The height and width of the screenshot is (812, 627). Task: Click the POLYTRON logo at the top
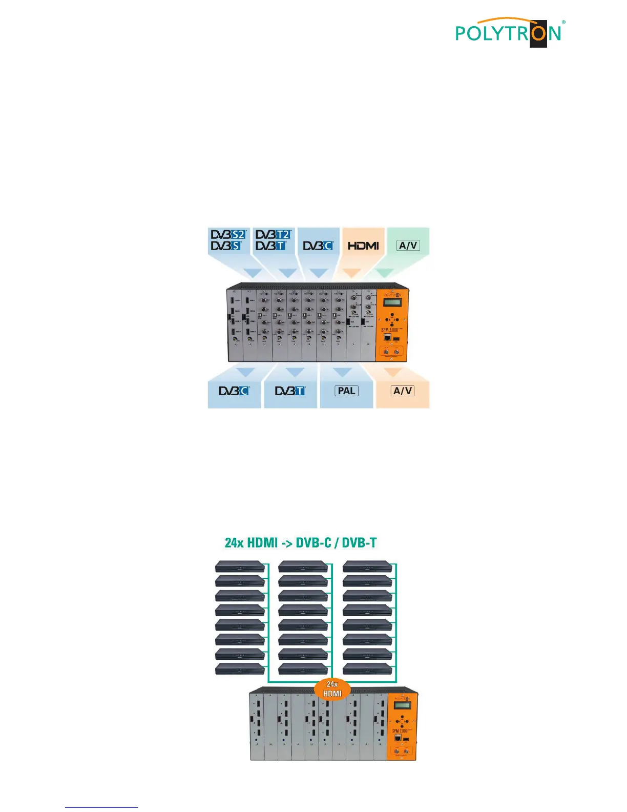click(x=509, y=33)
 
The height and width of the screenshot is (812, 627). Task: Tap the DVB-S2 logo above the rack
click(x=228, y=234)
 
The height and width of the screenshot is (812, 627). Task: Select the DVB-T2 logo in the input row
click(x=274, y=234)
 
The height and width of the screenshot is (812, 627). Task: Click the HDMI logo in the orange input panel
click(x=363, y=246)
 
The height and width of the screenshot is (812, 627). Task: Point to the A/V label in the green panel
click(x=408, y=246)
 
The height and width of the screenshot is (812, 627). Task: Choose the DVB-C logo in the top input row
click(x=318, y=246)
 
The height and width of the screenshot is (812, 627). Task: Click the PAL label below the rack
click(x=346, y=391)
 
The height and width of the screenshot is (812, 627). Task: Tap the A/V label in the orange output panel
click(x=403, y=391)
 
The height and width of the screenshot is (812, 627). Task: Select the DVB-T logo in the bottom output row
click(x=290, y=391)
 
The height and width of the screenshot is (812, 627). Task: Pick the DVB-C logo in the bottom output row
click(x=234, y=391)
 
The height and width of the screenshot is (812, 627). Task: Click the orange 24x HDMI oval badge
click(x=332, y=689)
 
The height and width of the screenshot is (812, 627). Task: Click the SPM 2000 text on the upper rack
click(x=390, y=330)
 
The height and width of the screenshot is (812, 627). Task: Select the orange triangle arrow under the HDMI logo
click(x=351, y=273)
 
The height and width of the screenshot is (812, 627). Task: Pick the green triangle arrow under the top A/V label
click(x=385, y=273)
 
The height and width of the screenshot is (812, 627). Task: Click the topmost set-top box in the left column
click(x=240, y=566)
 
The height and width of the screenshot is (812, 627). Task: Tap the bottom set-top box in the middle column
click(x=303, y=668)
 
